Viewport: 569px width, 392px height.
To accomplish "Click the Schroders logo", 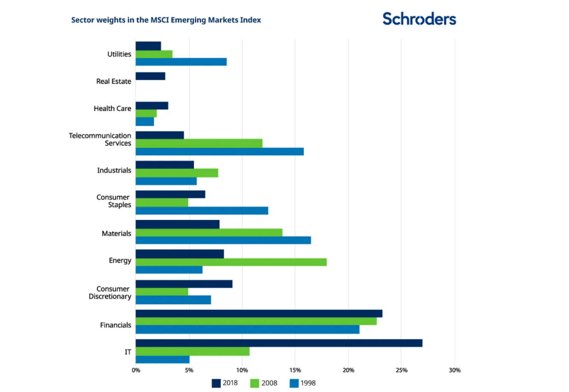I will pyautogui.click(x=419, y=19).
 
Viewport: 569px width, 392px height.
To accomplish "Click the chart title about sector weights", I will pyautogui.click(x=166, y=20).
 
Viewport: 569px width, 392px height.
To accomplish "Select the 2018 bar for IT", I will pyautogui.click(x=279, y=343).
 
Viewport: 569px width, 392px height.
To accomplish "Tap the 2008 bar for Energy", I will pyautogui.click(x=231, y=262).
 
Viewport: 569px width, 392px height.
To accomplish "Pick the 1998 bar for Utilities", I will pyautogui.click(x=181, y=62).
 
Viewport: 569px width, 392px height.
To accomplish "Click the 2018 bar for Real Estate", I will pyautogui.click(x=150, y=77).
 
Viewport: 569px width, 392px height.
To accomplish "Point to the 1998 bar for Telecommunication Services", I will pyautogui.click(x=220, y=152).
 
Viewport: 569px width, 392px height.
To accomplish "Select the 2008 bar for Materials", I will pyautogui.click(x=209, y=233).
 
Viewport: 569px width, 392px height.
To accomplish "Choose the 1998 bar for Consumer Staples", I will pyautogui.click(x=202, y=211).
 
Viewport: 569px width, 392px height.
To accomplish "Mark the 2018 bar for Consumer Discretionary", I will pyautogui.click(x=184, y=284).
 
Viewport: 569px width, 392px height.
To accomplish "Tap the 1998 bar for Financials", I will pyautogui.click(x=247, y=330).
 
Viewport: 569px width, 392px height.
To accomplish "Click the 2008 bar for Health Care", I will pyautogui.click(x=146, y=114).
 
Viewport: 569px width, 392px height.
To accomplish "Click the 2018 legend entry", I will pyautogui.click(x=225, y=383).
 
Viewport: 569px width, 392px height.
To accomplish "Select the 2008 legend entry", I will pyautogui.click(x=264, y=383).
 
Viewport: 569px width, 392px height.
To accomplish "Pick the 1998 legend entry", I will pyautogui.click(x=303, y=383).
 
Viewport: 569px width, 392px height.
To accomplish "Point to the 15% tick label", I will pyautogui.click(x=295, y=370).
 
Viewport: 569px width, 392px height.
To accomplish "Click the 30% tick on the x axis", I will pyautogui.click(x=455, y=370).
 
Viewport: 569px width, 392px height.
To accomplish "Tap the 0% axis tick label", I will pyautogui.click(x=136, y=370).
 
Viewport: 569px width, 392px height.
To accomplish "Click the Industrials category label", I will pyautogui.click(x=114, y=170).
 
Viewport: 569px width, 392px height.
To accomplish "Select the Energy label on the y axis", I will pyautogui.click(x=120, y=260).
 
